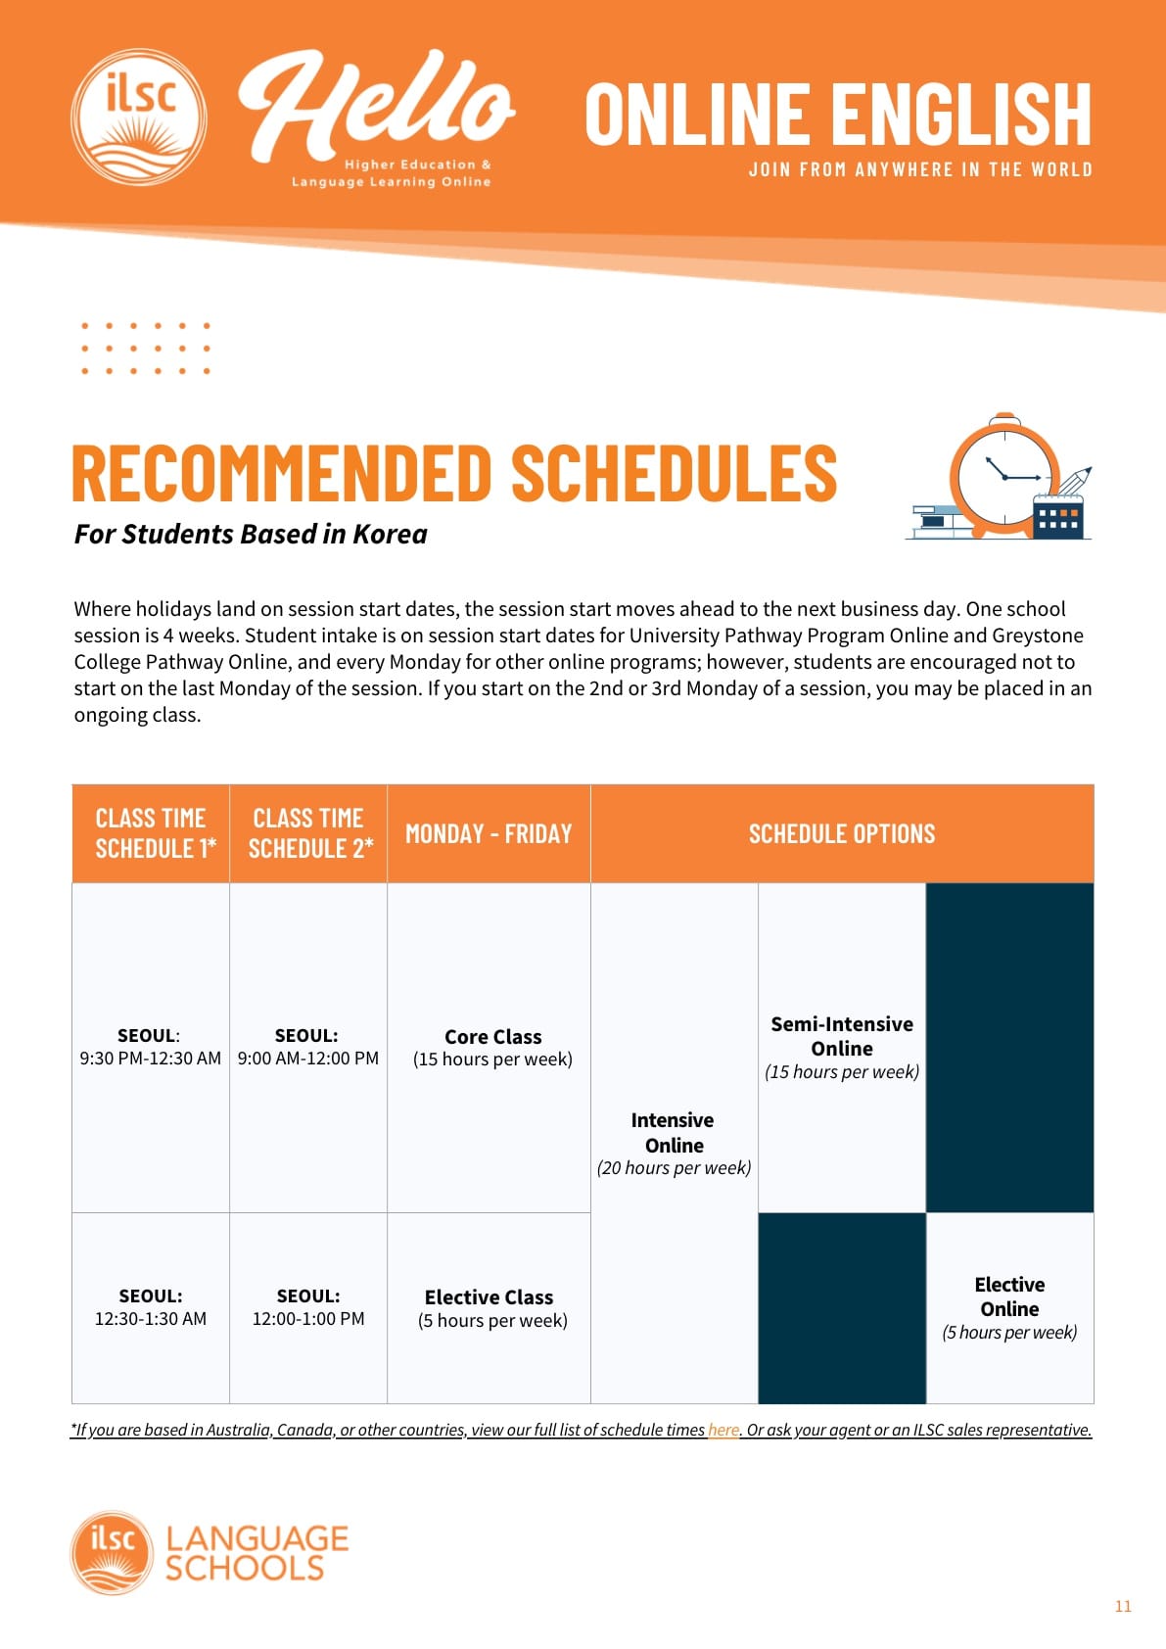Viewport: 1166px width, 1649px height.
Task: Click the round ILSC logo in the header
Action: (x=138, y=118)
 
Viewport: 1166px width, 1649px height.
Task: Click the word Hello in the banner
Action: (x=376, y=106)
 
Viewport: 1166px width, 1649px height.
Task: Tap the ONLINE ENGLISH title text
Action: (x=838, y=115)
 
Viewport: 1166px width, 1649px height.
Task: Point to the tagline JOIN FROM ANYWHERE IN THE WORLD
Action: (x=920, y=169)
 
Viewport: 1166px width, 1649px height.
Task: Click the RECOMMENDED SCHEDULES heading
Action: (x=455, y=473)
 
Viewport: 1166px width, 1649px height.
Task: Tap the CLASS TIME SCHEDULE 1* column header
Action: (x=151, y=833)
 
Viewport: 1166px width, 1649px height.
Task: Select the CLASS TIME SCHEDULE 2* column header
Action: (x=308, y=833)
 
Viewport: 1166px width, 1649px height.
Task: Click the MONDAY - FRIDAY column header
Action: (x=489, y=833)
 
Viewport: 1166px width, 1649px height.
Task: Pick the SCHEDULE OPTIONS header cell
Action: (x=842, y=833)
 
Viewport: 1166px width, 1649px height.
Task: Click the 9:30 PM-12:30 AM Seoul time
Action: (x=150, y=1059)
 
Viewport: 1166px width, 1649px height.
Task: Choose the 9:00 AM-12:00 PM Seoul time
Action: (x=307, y=1059)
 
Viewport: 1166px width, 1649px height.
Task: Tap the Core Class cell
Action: (x=492, y=1048)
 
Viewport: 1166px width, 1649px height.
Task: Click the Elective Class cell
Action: (x=492, y=1308)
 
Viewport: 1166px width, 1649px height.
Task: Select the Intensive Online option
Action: (x=674, y=1144)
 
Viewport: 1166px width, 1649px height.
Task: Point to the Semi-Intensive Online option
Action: (x=842, y=1048)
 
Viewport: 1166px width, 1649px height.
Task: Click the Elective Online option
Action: (x=1010, y=1308)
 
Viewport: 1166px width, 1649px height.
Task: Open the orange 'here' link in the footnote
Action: (x=723, y=1430)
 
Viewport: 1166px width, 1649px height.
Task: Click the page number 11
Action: (x=1123, y=1606)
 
